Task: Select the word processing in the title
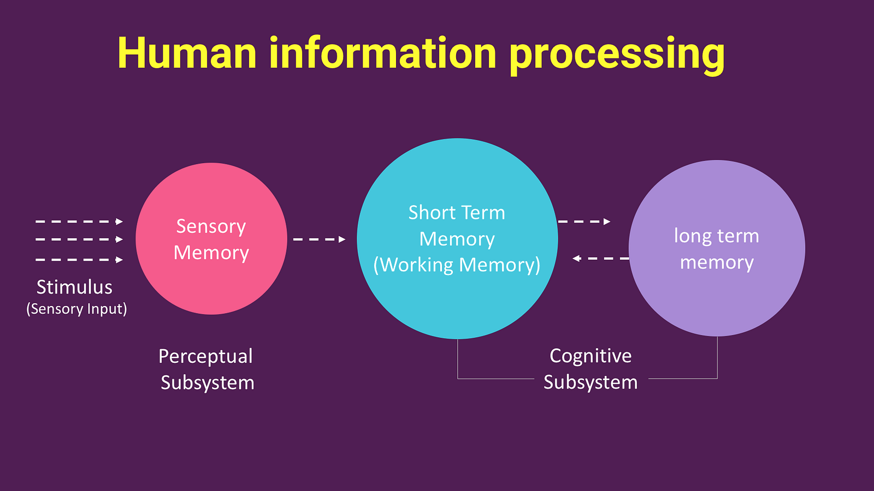point(617,56)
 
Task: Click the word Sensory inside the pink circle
point(211,227)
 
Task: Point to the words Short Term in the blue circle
point(457,213)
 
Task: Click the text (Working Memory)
point(457,265)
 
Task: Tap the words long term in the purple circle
point(716,236)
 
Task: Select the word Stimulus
point(74,287)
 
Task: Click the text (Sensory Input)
point(76,309)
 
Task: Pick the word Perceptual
point(205,357)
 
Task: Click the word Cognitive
point(590,356)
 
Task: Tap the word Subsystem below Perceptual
point(208,382)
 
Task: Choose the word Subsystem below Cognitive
point(590,382)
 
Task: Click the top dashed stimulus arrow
point(79,221)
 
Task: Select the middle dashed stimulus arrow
point(79,239)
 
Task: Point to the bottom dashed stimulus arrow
point(79,260)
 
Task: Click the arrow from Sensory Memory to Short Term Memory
point(319,239)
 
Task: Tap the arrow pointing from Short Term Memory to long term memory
point(584,221)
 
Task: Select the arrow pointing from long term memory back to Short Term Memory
point(601,259)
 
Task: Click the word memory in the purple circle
point(717,262)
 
